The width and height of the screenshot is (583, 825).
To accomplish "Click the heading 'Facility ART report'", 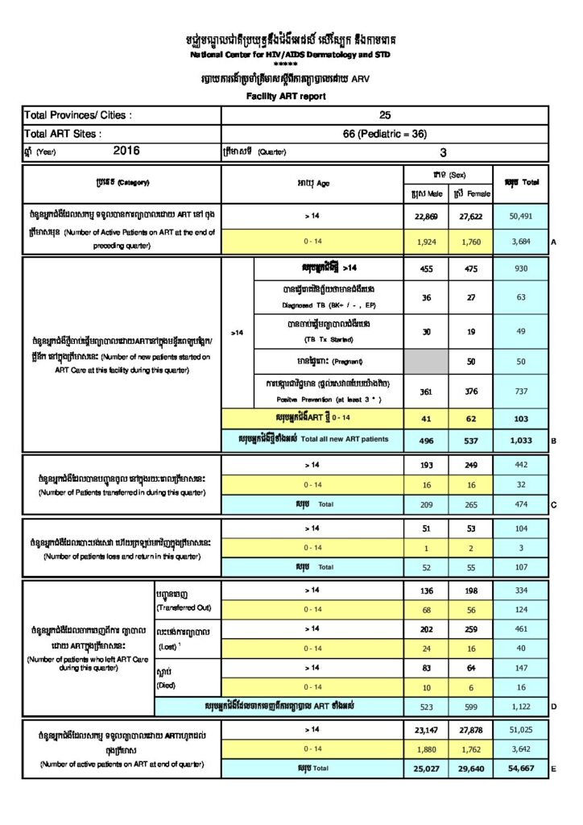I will tap(287, 97).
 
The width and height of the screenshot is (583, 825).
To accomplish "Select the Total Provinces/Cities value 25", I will tap(385, 115).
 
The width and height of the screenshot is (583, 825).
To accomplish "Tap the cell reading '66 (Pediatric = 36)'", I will tap(385, 134).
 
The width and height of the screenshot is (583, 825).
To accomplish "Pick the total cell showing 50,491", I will tap(521, 217).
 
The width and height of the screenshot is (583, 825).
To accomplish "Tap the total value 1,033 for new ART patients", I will tap(521, 439).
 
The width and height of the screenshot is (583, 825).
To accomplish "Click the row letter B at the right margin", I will tap(554, 441).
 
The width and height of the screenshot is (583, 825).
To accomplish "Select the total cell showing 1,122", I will tap(521, 705).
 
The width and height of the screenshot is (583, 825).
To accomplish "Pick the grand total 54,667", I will tap(521, 769).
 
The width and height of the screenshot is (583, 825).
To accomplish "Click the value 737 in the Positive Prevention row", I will tap(521, 392).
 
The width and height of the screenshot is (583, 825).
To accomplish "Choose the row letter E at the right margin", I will tap(554, 769).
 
